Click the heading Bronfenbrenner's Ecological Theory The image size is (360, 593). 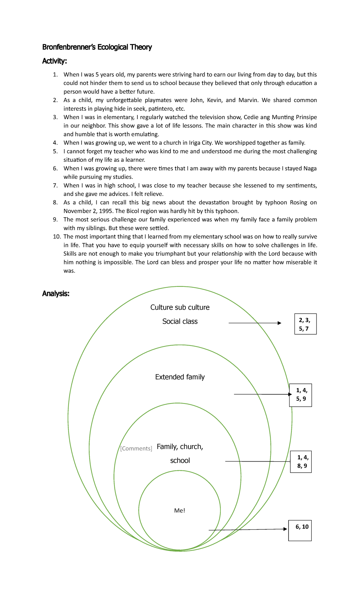pos(97,47)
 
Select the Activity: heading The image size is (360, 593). pos(54,61)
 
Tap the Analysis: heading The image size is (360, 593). pos(55,293)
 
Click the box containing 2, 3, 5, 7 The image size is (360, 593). pos(305,324)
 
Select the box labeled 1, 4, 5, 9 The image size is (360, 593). pos(301,395)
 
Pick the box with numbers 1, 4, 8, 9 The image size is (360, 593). pos(301,462)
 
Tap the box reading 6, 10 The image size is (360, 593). pos(300,531)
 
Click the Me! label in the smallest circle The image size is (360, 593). pos(179,510)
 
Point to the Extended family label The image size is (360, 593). pos(180,377)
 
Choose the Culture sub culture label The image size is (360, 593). pos(180,307)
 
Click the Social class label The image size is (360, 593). pos(180,321)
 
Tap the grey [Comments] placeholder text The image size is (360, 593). pos(136,448)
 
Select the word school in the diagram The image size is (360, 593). pos(180,460)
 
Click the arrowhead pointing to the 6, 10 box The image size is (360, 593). pos(285,529)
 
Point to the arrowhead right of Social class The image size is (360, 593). pos(279,323)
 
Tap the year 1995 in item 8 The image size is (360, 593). pos(106,211)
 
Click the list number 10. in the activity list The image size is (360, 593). pos(57,237)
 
